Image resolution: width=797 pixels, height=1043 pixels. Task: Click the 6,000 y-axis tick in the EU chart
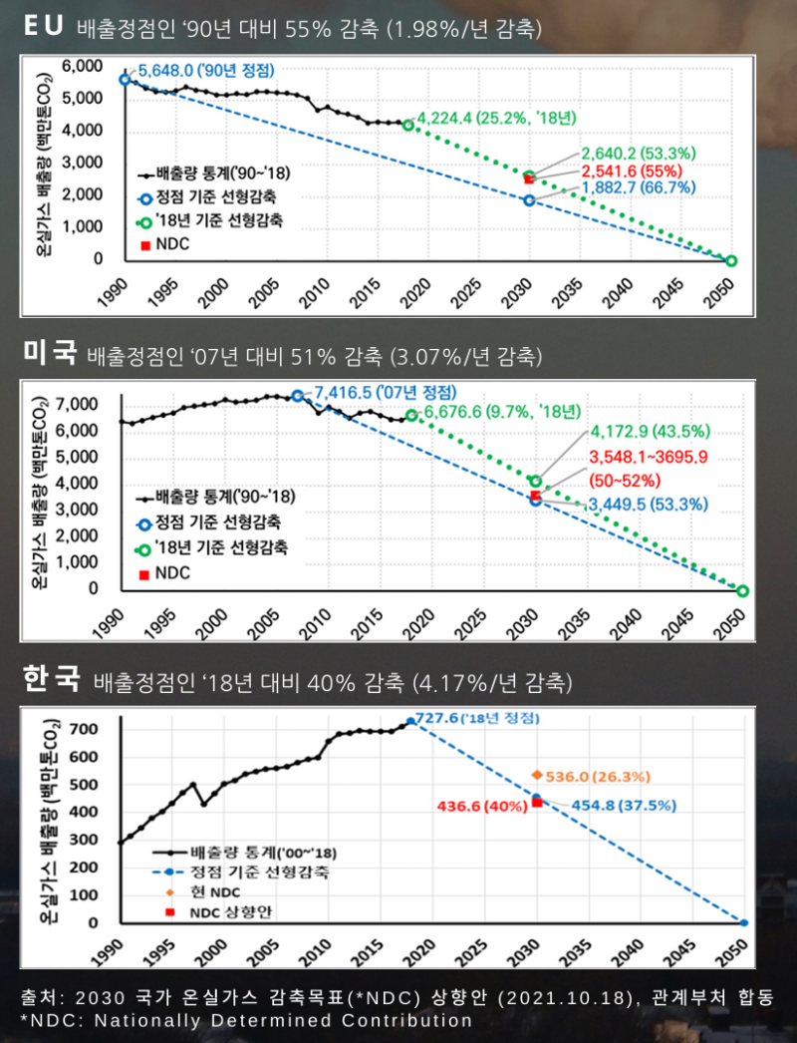tap(82, 66)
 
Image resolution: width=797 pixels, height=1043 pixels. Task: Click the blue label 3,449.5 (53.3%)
tap(648, 506)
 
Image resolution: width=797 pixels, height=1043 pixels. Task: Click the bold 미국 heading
tap(50, 353)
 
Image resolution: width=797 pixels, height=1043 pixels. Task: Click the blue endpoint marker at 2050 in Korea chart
tap(743, 923)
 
